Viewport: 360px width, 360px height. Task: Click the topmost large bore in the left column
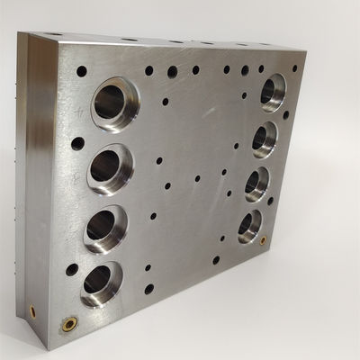click(x=112, y=103)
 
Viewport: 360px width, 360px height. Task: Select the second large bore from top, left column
click(x=109, y=166)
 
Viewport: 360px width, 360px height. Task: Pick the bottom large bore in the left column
click(x=100, y=283)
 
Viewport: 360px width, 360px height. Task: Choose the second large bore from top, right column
click(x=264, y=139)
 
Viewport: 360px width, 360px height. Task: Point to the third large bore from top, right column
click(x=256, y=183)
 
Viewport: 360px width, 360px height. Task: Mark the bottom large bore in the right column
click(x=249, y=225)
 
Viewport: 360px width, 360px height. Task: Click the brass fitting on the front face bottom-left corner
click(x=70, y=322)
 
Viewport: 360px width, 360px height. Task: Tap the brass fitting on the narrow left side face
click(x=33, y=310)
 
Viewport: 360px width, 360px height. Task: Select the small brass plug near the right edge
click(x=263, y=240)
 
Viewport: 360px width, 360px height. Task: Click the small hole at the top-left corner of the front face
click(x=82, y=71)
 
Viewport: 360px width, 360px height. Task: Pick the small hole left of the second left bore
click(x=77, y=143)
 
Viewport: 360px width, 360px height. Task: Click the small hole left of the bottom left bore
click(x=72, y=269)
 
